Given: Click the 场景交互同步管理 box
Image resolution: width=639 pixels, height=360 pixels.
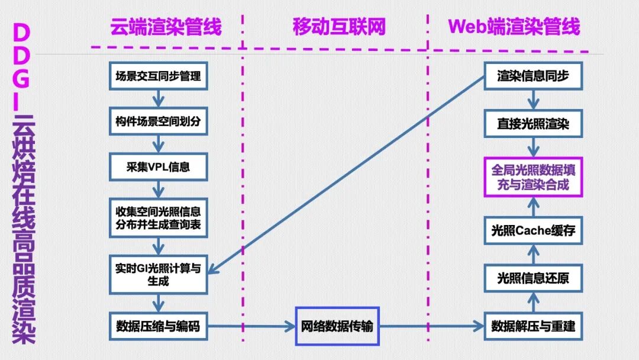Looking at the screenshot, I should pyautogui.click(x=158, y=76).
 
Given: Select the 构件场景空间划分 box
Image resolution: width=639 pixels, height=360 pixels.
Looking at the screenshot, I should pyautogui.click(x=158, y=122).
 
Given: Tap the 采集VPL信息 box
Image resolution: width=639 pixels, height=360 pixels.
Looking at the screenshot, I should pyautogui.click(x=158, y=167).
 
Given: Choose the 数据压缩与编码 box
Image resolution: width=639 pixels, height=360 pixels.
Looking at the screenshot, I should pyautogui.click(x=158, y=325).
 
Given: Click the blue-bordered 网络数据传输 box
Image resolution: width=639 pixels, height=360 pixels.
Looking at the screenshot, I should pyautogui.click(x=337, y=326).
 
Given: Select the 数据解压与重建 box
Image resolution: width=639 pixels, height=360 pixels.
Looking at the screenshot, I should pyautogui.click(x=533, y=325).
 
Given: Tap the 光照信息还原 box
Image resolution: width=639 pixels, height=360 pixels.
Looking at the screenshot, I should pyautogui.click(x=533, y=278).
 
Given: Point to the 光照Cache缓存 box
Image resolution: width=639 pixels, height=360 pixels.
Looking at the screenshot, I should pyautogui.click(x=533, y=231).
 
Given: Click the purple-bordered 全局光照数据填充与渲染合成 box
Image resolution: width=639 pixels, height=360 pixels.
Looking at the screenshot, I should pyautogui.click(x=533, y=176).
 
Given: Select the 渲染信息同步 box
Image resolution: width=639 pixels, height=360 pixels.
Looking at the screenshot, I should pyautogui.click(x=533, y=76).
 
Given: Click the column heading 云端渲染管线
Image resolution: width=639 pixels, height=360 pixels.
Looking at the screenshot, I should pyautogui.click(x=165, y=27).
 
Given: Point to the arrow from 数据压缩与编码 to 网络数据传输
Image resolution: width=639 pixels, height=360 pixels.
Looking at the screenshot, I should pyautogui.click(x=251, y=326).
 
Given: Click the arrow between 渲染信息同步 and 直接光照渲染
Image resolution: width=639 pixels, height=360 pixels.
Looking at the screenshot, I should pyautogui.click(x=533, y=99).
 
